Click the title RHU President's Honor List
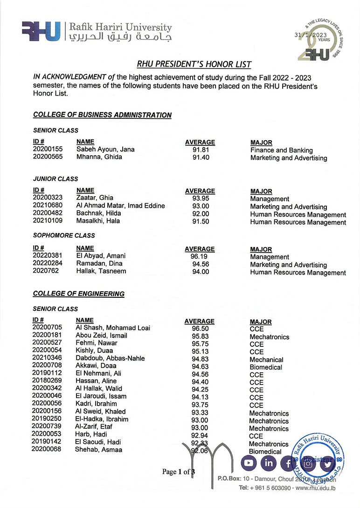(194, 65)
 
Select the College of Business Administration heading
(102, 115)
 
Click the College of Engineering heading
(78, 294)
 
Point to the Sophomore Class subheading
(63, 235)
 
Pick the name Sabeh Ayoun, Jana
(105, 150)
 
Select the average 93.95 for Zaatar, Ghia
(200, 199)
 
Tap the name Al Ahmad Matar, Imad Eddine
(120, 206)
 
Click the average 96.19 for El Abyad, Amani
(200, 256)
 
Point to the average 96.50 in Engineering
(200, 329)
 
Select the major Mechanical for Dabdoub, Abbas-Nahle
(266, 360)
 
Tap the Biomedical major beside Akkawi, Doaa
(266, 367)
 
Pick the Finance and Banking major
(281, 151)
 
